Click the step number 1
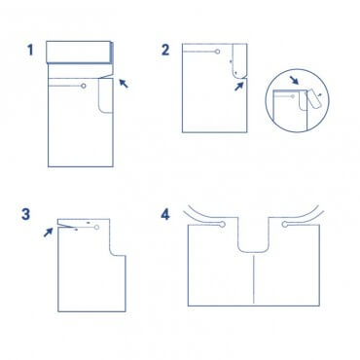tap(30, 50)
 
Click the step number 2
tap(165, 50)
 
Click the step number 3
tap(25, 214)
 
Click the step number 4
tap(165, 214)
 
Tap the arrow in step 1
tap(124, 84)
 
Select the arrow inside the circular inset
tap(295, 80)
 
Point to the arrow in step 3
tap(48, 232)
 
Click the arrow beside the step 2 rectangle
tap(239, 86)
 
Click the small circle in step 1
tap(84, 86)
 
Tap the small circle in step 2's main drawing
tap(218, 52)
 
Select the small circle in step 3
tap(96, 227)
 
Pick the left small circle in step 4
tap(223, 224)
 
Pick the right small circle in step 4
tap(285, 224)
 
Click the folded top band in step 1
tap(80, 52)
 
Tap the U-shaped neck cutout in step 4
tap(253, 251)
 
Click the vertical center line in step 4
tap(253, 279)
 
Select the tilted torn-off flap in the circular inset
tap(314, 98)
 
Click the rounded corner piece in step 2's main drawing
tap(239, 61)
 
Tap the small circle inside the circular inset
tap(293, 96)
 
